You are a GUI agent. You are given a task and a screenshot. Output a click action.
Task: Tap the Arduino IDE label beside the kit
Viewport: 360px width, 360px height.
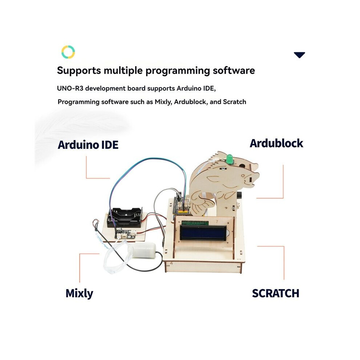click(x=88, y=145)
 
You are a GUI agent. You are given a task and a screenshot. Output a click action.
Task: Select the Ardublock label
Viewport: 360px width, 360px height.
click(x=276, y=143)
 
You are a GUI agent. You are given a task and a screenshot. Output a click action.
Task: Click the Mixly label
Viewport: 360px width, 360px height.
click(x=79, y=293)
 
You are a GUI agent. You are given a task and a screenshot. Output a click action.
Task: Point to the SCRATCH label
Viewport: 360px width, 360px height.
click(x=276, y=293)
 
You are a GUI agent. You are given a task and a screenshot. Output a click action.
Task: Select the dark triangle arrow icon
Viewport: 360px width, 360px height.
click(x=299, y=55)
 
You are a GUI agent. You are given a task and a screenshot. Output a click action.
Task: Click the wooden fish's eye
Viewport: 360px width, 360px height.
click(x=243, y=176)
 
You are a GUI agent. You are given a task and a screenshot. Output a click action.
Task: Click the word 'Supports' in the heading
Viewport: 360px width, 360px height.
click(x=79, y=71)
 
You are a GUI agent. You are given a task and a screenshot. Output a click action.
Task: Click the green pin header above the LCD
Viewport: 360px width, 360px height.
click(x=195, y=222)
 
